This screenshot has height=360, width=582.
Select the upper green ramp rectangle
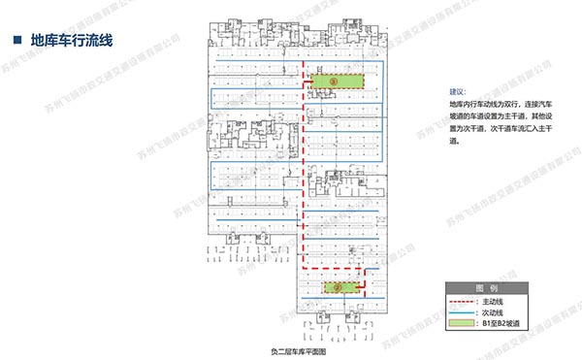click(337, 82)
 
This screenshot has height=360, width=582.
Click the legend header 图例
click(486, 289)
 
